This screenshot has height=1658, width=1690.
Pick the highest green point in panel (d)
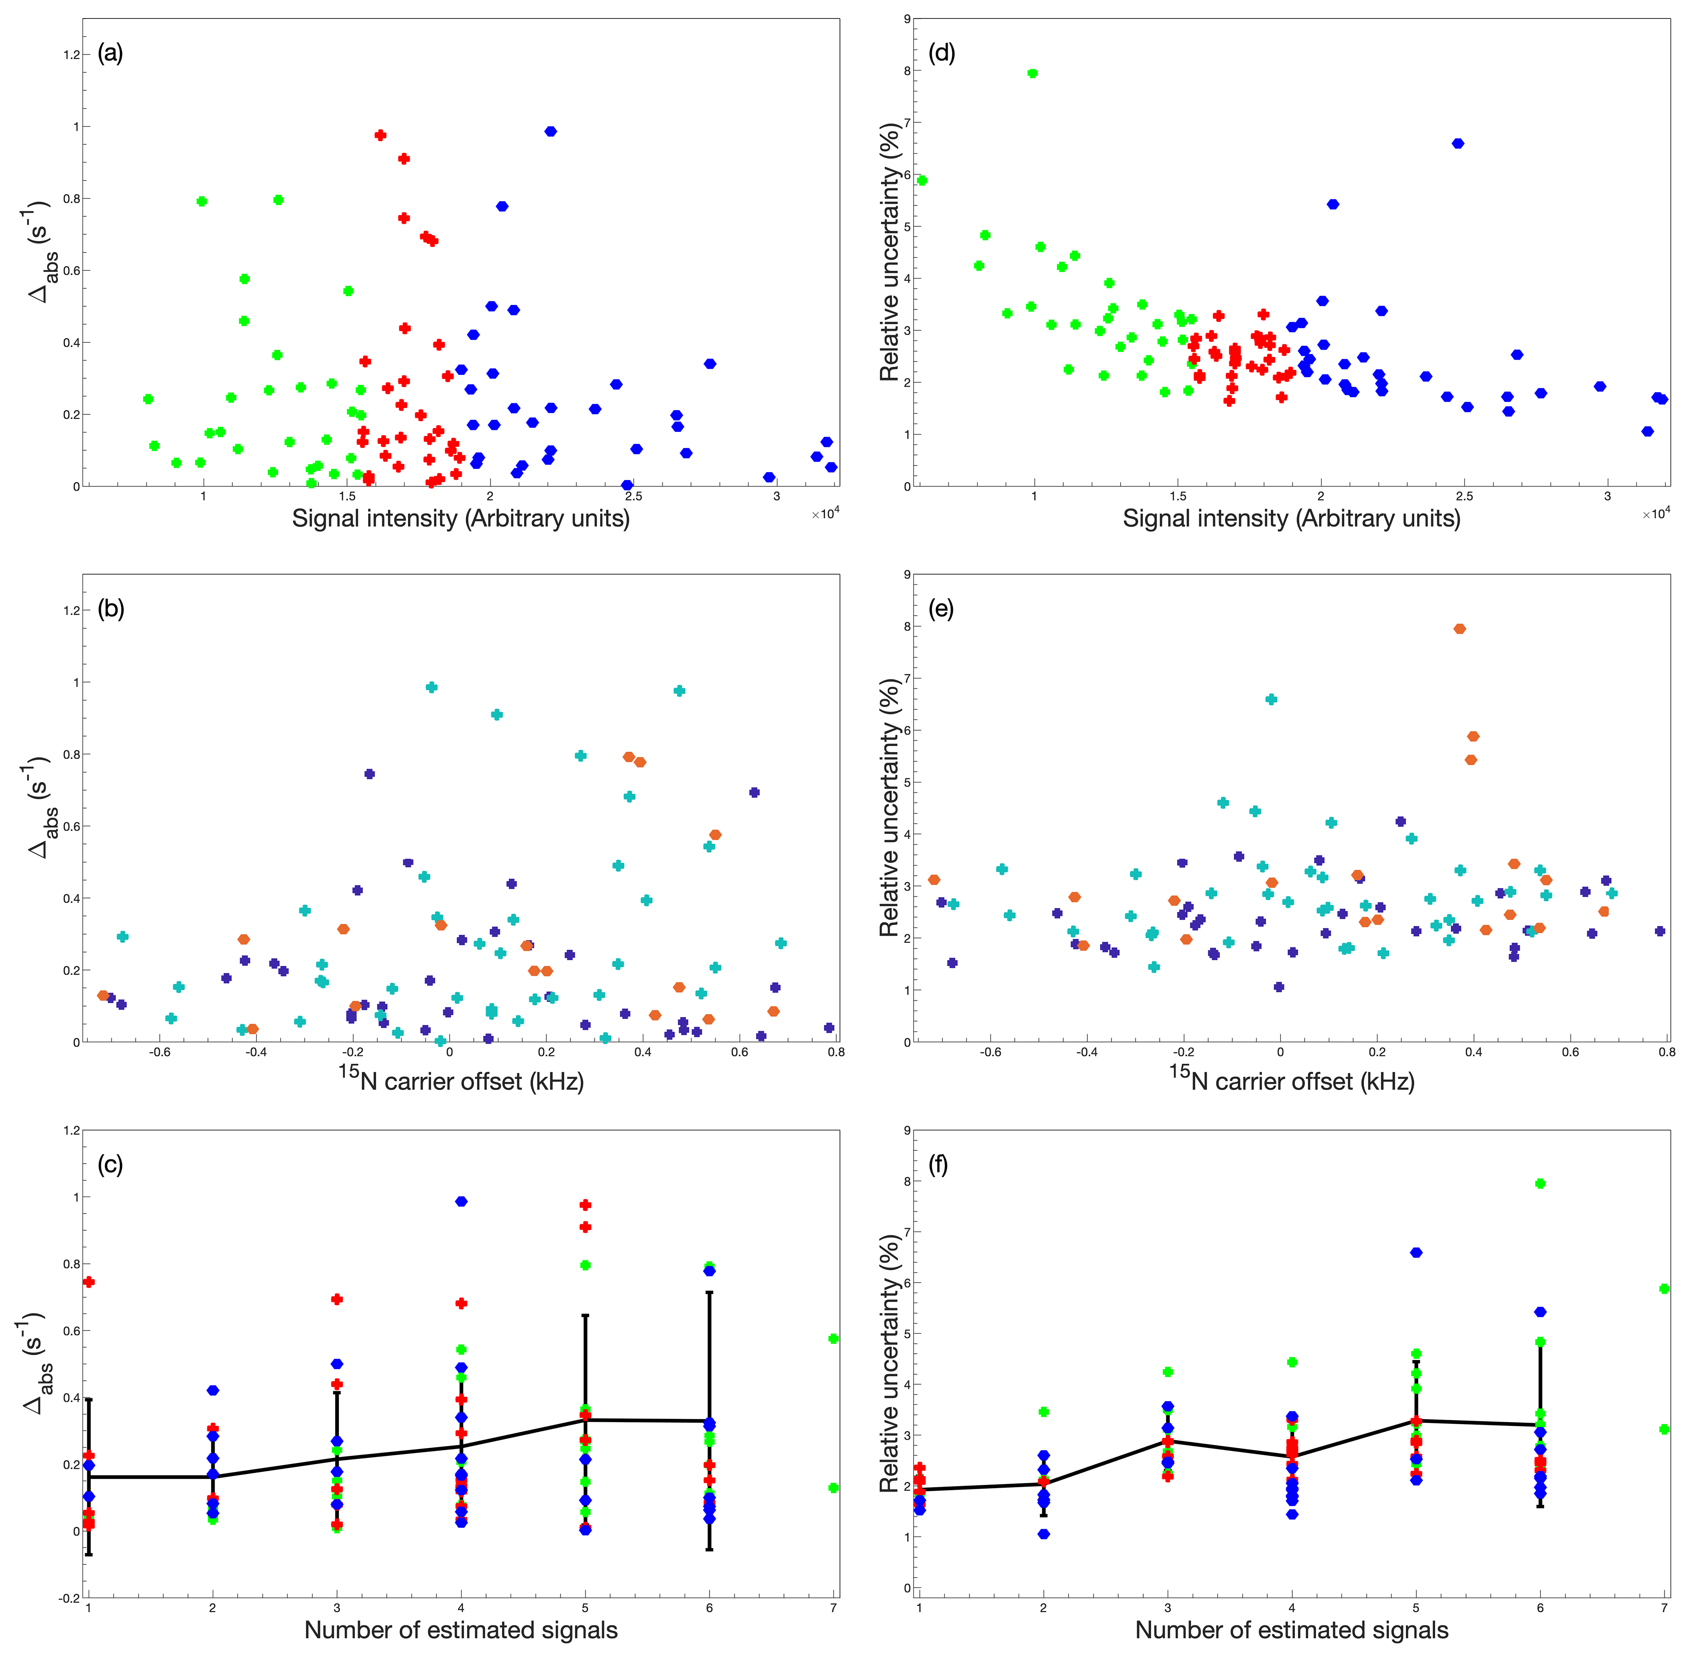(1032, 73)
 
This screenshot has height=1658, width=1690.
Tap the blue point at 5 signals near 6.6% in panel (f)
(1416, 1252)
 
